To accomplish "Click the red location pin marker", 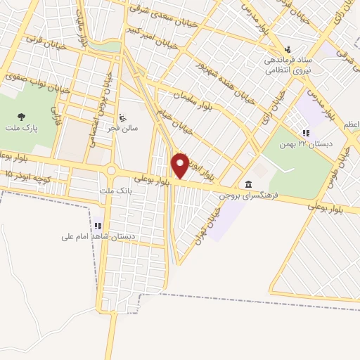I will click(180, 166).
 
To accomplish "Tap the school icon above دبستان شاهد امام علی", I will click(98, 226).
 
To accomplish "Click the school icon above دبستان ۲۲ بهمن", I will click(305, 132).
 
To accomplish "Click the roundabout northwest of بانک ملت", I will click(110, 171).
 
